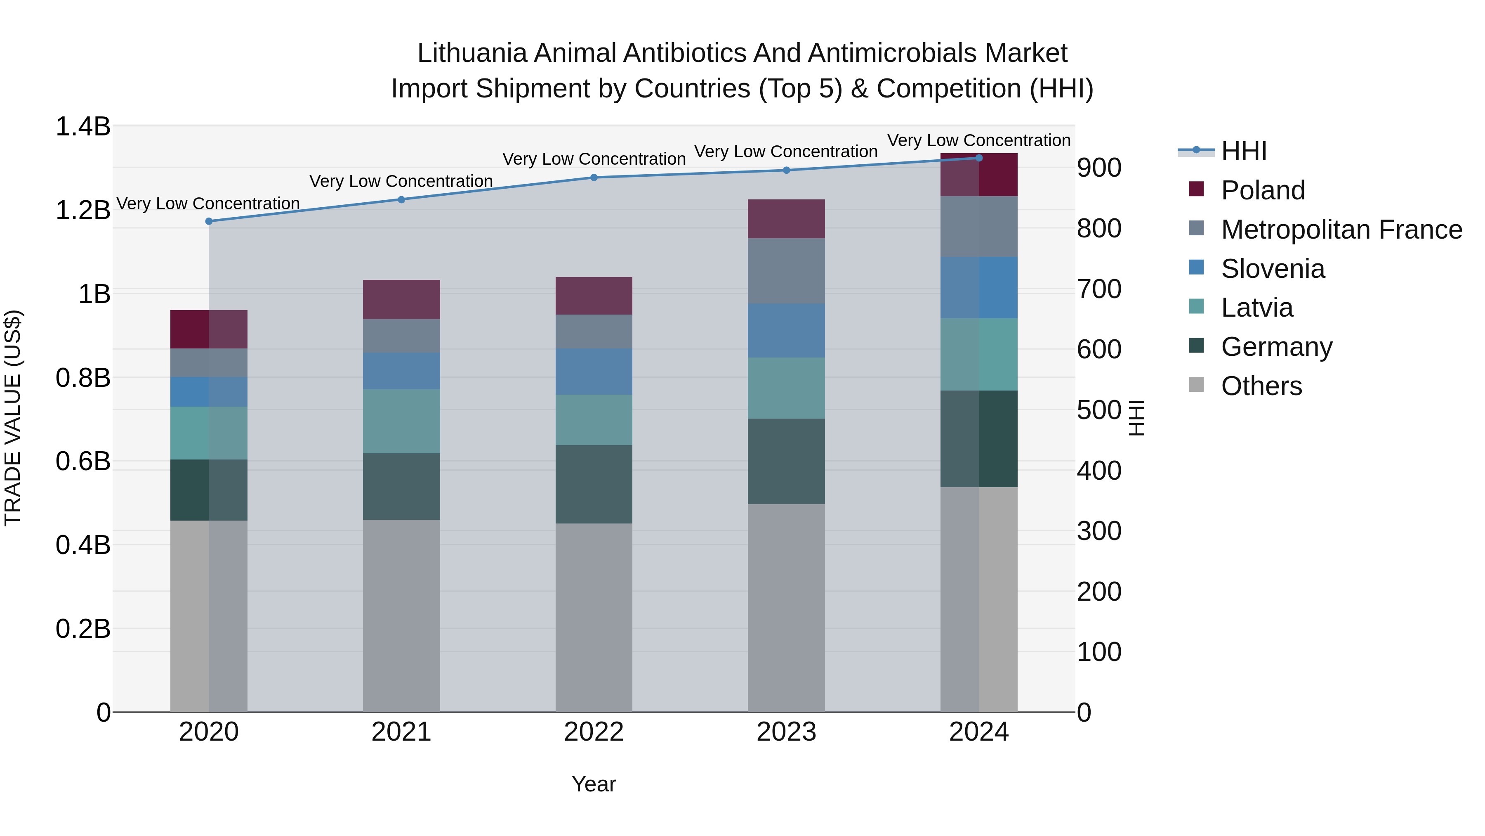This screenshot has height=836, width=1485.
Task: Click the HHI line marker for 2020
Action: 209,221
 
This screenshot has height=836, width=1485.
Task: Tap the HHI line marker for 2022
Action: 594,177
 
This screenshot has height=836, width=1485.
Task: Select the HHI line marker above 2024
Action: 979,158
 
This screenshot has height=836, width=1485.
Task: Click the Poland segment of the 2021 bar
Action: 401,299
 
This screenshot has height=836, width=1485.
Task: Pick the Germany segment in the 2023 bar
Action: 786,461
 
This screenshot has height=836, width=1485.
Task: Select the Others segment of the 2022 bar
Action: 594,617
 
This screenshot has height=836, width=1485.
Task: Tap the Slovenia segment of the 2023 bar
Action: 786,331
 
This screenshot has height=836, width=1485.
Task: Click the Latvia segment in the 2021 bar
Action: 401,421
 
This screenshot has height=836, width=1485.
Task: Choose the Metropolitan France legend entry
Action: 1341,230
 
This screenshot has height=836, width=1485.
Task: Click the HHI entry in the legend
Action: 1243,151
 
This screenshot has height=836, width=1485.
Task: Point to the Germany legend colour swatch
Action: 1196,346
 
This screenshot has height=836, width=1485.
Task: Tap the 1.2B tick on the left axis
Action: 83,210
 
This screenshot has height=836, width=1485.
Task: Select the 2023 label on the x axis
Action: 786,732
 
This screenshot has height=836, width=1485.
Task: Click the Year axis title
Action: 594,784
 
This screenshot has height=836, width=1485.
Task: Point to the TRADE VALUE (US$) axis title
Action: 13,418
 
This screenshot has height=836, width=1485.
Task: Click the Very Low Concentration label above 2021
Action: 401,181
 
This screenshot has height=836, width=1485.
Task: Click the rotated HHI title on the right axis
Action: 1136,418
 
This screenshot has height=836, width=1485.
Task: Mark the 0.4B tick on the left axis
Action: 83,545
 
